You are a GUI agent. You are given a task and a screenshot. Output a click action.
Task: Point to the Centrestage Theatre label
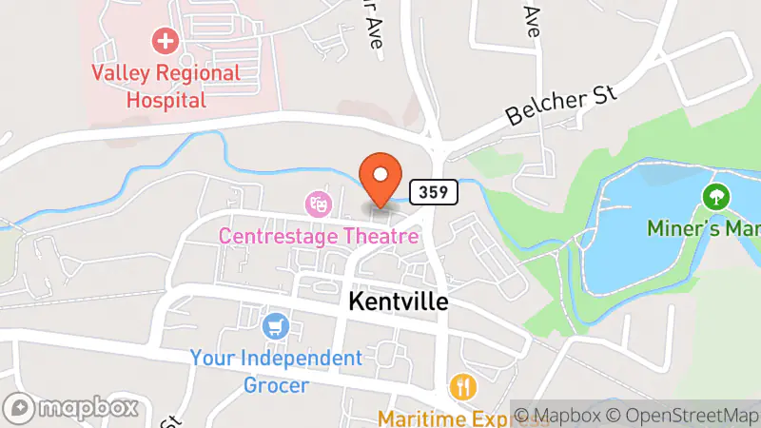click(x=318, y=235)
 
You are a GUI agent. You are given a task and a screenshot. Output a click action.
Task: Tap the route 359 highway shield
click(x=435, y=192)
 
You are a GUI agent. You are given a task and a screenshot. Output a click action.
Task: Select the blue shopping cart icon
click(x=276, y=326)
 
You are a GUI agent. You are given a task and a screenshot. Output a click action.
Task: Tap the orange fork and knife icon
click(x=463, y=387)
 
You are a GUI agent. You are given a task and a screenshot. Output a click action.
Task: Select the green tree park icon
click(x=714, y=197)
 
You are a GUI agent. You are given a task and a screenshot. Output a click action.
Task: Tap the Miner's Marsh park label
click(x=704, y=229)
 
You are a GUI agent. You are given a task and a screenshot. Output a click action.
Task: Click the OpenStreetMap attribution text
click(x=685, y=415)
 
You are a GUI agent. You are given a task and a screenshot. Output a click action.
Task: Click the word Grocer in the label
click(x=275, y=384)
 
